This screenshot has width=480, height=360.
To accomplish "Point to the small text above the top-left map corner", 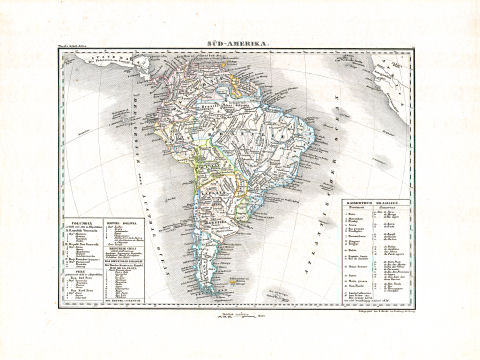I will [x=89, y=54].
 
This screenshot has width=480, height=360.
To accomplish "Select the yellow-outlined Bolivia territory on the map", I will [x=204, y=160].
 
